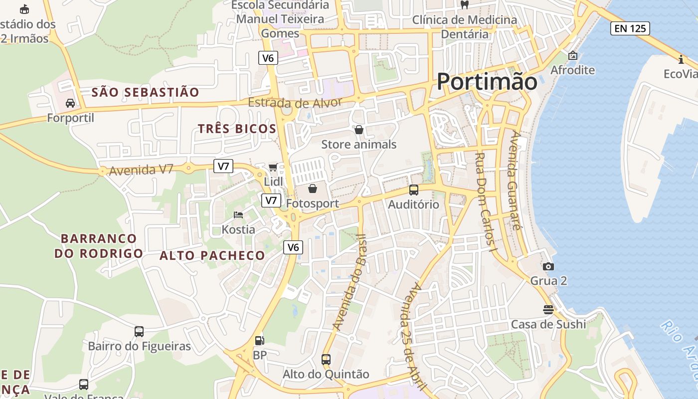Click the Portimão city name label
pyautogui.click(x=487, y=81)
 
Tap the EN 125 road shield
pyautogui.click(x=630, y=28)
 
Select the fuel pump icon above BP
pyautogui.click(x=259, y=341)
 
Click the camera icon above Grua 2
pyautogui.click(x=548, y=266)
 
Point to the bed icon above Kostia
pyautogui.click(x=238, y=215)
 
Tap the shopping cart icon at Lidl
pyautogui.click(x=273, y=167)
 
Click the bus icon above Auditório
pyautogui.click(x=413, y=190)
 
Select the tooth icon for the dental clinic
pyautogui.click(x=464, y=5)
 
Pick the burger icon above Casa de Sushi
pyautogui.click(x=548, y=310)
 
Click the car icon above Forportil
pyautogui.click(x=70, y=103)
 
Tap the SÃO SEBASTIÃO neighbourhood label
pyautogui.click(x=145, y=92)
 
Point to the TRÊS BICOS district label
pyautogui.click(x=237, y=129)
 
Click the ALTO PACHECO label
pyautogui.click(x=212, y=256)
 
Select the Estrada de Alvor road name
pyautogui.click(x=295, y=103)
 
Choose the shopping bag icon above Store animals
pyautogui.click(x=358, y=130)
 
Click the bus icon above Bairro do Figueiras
pyautogui.click(x=139, y=331)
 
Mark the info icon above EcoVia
pyautogui.click(x=681, y=60)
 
